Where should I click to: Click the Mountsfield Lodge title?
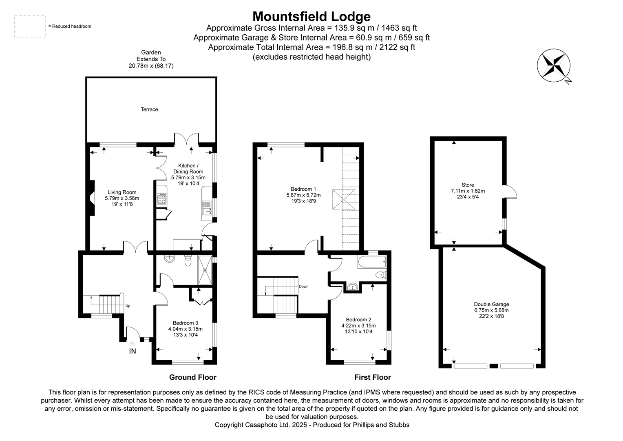[311, 16]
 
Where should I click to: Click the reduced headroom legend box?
[30, 27]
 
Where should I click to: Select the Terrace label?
[149, 109]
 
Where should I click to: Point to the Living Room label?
[122, 192]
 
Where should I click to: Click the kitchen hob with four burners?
[162, 198]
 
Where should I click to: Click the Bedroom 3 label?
[185, 323]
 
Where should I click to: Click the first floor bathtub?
[371, 262]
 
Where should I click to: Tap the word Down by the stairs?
[303, 286]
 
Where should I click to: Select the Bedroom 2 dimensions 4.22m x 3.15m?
[358, 325]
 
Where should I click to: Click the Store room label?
[468, 185]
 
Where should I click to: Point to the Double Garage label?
[491, 304]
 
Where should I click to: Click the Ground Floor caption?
[193, 377]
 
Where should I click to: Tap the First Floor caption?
[372, 377]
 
